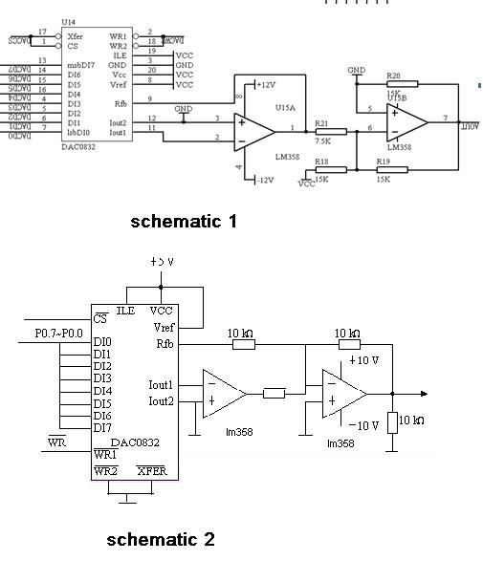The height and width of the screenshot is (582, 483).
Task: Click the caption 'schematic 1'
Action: (184, 222)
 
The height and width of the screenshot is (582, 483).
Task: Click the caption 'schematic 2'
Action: (161, 539)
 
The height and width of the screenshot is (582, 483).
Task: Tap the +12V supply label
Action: (266, 85)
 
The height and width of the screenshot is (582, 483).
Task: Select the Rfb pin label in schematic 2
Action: (164, 343)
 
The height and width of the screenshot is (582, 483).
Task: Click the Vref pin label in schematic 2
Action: (163, 328)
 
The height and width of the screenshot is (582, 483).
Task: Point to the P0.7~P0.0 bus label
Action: (59, 334)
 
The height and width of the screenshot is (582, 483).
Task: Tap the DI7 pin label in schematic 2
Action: (102, 427)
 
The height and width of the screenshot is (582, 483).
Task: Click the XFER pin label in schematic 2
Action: (152, 471)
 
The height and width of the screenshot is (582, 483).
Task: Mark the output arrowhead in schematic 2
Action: (422, 393)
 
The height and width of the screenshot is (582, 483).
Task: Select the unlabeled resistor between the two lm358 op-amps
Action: (274, 393)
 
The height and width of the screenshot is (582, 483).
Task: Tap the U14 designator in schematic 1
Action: (68, 20)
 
